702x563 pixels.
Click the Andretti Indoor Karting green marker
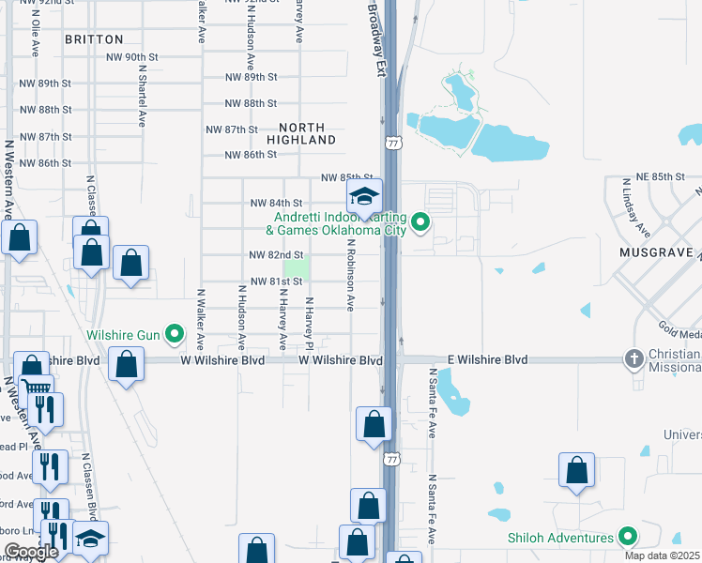click(x=421, y=223)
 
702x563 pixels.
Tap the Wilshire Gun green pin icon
click(x=175, y=333)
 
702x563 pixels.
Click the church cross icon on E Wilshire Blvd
click(x=634, y=359)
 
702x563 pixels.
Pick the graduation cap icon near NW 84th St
click(x=364, y=196)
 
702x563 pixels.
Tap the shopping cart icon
click(x=36, y=388)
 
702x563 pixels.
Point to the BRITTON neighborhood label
click(x=94, y=39)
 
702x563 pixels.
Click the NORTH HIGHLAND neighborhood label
click(x=301, y=133)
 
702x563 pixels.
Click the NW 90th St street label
click(x=132, y=57)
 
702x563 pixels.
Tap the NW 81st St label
click(x=276, y=281)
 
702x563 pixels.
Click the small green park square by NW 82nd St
click(x=298, y=267)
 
